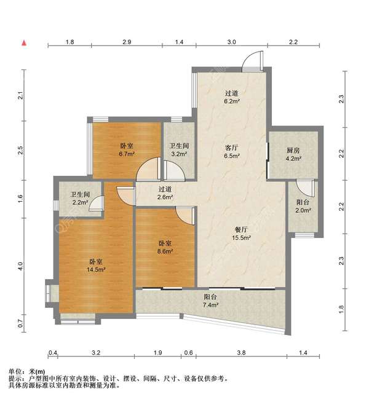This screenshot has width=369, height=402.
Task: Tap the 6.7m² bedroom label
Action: pos(127,151)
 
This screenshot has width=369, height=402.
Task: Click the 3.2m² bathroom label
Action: pos(179,151)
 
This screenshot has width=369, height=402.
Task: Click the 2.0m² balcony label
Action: pos(303,206)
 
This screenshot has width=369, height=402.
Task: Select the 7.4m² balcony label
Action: pos(210,301)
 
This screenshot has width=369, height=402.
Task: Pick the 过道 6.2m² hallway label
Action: pos(231,97)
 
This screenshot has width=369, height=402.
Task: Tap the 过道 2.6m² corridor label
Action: pos(164,194)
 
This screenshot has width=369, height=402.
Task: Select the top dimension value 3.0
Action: pos(231,42)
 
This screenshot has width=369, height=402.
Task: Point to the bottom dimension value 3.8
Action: pos(241,353)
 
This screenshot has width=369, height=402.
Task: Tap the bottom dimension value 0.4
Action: pos(54,353)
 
